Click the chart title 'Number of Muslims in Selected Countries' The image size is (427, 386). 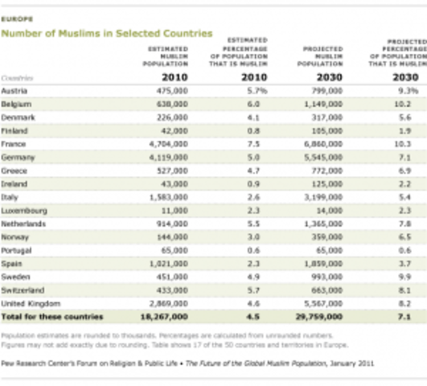(x=107, y=34)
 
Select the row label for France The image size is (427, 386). (x=14, y=144)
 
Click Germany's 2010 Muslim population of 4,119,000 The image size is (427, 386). (x=168, y=158)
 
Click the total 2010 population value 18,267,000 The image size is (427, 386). (x=165, y=317)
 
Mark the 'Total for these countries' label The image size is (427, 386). (x=52, y=317)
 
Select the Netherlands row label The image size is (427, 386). (x=23, y=224)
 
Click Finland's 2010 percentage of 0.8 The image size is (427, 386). (x=254, y=131)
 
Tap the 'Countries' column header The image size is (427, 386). (x=18, y=78)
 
